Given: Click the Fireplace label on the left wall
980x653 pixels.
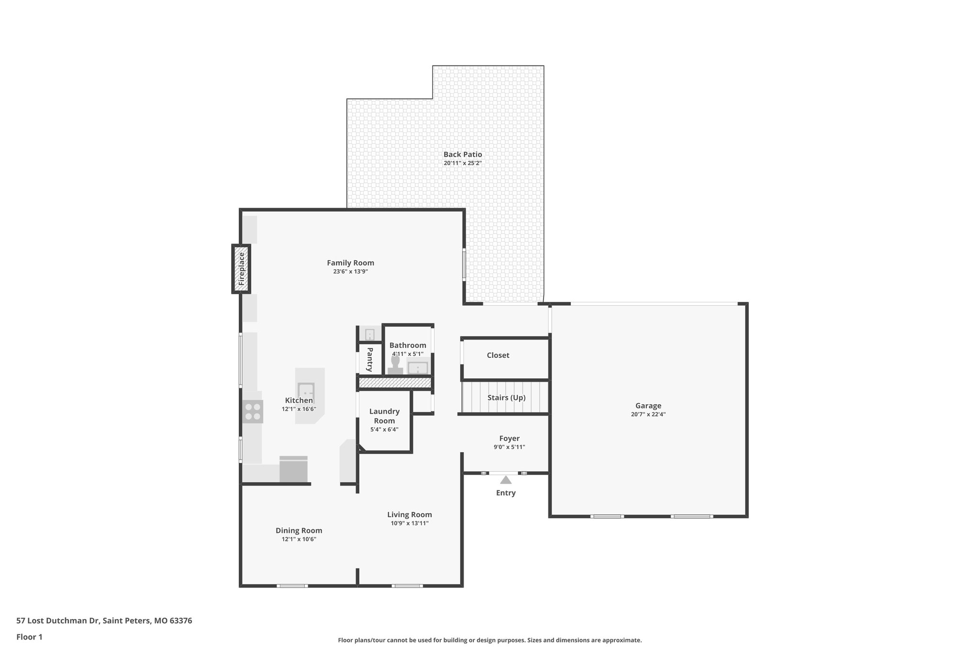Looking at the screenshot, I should point(242,269).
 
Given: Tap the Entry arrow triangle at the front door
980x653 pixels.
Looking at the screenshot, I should point(506,480).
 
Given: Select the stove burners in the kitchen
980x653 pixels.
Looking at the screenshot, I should point(253,412).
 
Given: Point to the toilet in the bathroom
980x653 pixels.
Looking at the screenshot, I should point(395,365).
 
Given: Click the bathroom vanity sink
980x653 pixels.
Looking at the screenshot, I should point(418,367).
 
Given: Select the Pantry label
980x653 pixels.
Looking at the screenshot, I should point(370,359).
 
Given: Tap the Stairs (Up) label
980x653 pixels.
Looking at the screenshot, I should point(506,398).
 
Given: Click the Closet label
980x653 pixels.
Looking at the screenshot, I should point(498,355).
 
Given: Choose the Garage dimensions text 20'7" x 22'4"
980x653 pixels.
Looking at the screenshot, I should point(648,414).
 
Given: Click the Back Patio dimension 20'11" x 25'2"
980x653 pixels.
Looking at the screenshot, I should point(462,163).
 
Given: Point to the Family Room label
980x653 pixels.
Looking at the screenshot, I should point(350,263).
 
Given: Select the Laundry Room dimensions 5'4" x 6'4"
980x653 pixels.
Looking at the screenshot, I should point(384,430).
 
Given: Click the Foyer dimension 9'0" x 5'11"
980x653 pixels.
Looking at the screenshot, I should point(509,447).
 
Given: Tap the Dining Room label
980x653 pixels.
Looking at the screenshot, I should point(299,530).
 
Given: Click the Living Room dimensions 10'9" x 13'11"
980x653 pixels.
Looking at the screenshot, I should point(409,523).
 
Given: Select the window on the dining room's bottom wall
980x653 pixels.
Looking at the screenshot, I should point(292,585).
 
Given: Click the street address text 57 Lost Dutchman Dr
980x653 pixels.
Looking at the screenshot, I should point(58,620).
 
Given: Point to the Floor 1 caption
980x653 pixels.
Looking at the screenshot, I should point(29,637).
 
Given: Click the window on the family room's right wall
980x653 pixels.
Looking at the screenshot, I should point(464,264).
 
